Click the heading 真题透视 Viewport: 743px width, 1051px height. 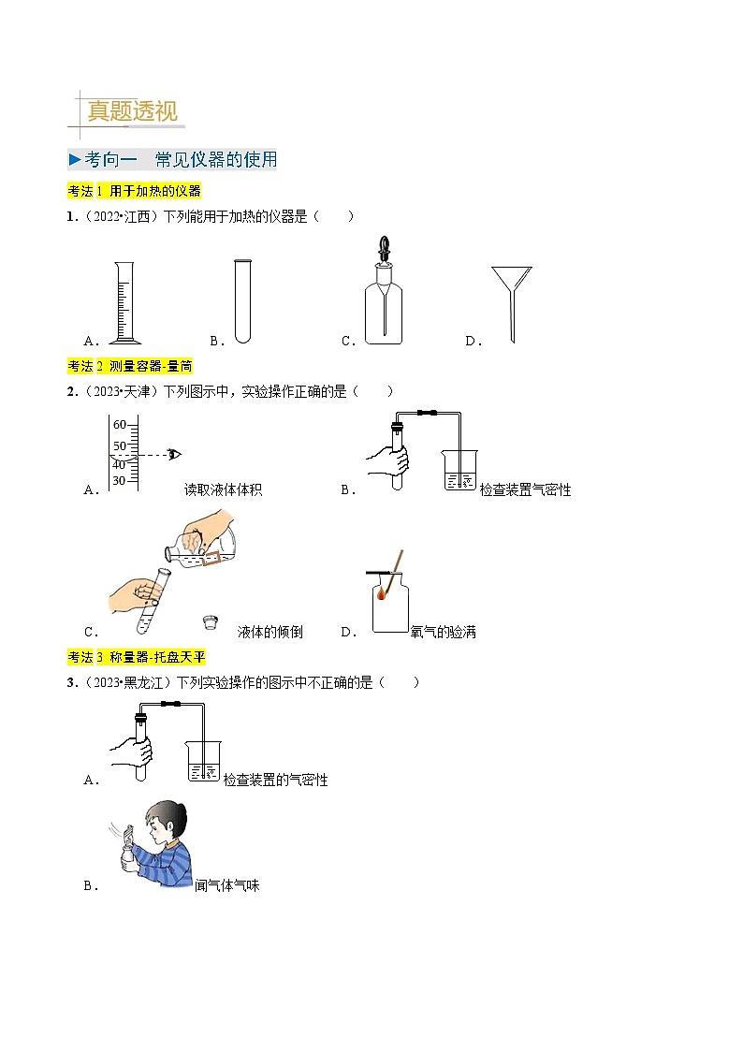(x=131, y=111)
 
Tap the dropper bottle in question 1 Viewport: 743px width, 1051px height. (x=384, y=295)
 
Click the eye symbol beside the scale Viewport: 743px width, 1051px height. (x=174, y=455)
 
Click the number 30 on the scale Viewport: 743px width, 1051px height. (x=119, y=481)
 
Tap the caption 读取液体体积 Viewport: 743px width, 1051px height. (x=223, y=489)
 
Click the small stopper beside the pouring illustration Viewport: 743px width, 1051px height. (x=212, y=621)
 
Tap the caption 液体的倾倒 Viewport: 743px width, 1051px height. (x=270, y=632)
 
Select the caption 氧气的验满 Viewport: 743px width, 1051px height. (x=444, y=632)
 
